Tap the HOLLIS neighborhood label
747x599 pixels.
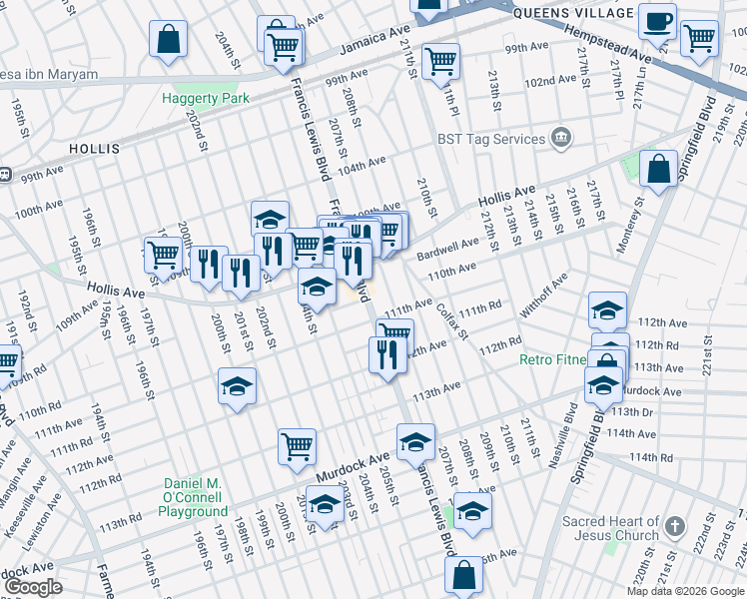point(94,149)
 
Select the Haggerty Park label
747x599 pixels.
point(206,99)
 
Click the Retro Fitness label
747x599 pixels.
point(554,359)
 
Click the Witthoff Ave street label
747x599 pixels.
point(542,297)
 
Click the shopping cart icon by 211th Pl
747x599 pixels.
point(439,62)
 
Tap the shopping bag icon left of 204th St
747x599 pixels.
point(168,40)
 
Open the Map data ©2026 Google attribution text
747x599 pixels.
point(683,591)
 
